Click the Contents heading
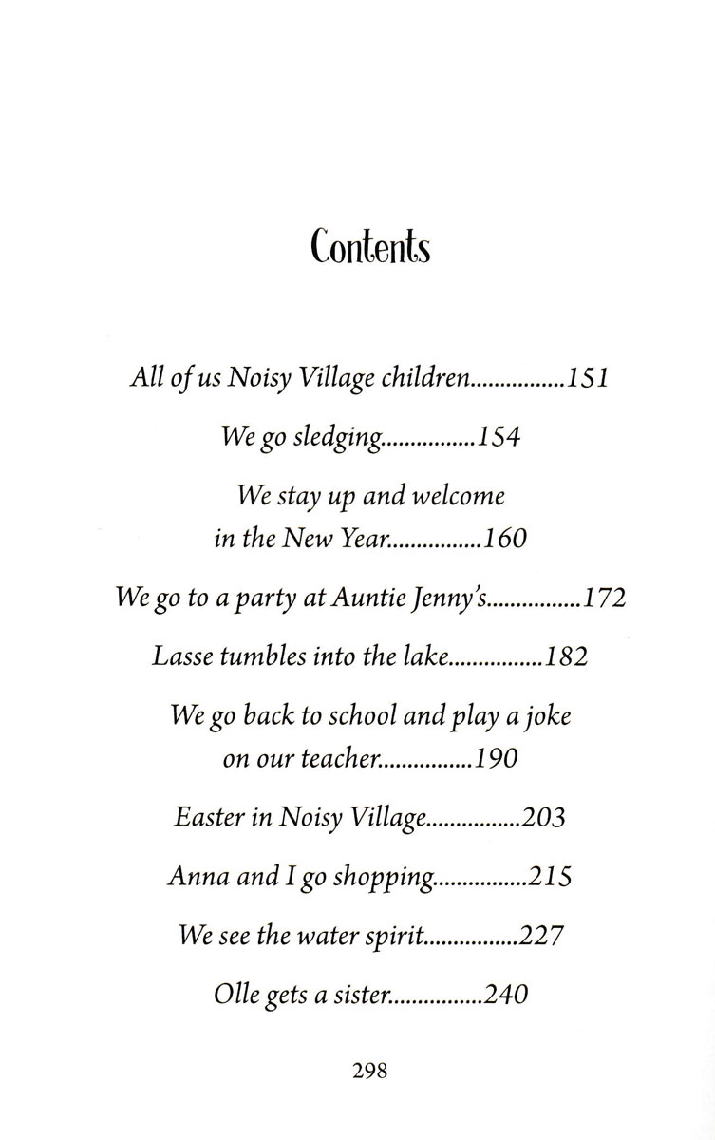(369, 248)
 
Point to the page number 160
(504, 540)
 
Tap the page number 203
(543, 817)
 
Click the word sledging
(342, 440)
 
